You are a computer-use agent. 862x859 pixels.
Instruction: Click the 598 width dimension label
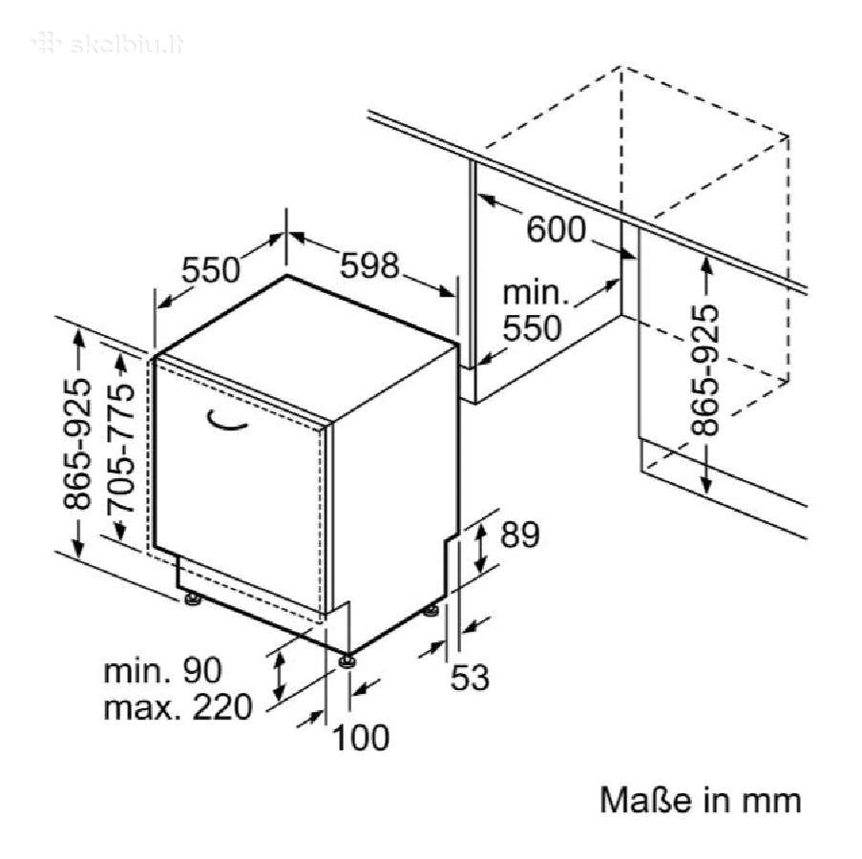(x=369, y=265)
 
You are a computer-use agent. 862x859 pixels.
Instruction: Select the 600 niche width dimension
(x=556, y=229)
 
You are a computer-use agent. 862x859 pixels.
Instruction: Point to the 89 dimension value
(x=519, y=534)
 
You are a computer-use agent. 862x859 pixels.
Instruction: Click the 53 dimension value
(x=470, y=677)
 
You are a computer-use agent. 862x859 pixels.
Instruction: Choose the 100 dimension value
(x=361, y=737)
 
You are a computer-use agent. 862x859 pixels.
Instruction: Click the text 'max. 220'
(x=178, y=706)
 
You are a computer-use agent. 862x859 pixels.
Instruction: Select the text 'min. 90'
(x=162, y=670)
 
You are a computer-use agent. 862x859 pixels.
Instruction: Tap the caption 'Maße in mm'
(x=700, y=800)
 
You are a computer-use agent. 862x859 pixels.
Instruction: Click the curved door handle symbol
(x=225, y=420)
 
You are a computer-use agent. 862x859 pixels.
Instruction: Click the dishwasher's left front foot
(x=193, y=598)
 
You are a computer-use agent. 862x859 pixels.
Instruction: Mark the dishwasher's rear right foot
(x=431, y=610)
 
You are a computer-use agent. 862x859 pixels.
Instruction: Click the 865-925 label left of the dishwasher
(x=76, y=444)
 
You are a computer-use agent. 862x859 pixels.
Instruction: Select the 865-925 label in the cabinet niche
(x=704, y=370)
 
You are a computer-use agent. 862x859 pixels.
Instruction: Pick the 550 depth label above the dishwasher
(x=211, y=270)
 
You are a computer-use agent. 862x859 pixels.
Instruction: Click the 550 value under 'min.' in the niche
(x=532, y=328)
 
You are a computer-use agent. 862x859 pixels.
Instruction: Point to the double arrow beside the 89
(x=480, y=548)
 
